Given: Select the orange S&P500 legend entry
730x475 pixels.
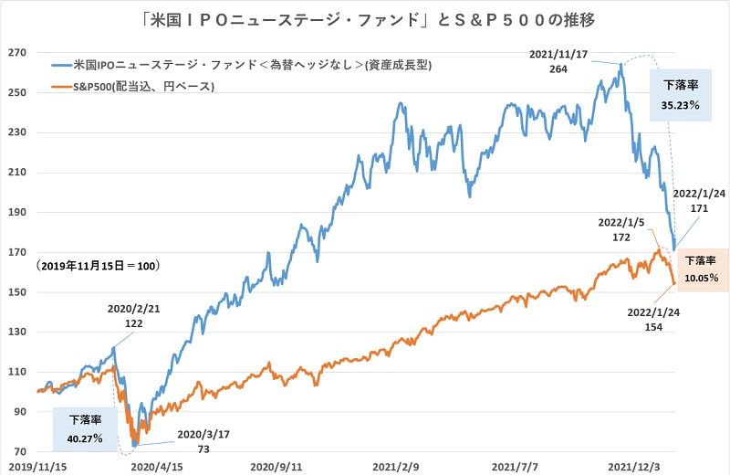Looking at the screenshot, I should tap(137, 87).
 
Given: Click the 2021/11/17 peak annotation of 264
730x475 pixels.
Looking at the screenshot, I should tap(560, 60).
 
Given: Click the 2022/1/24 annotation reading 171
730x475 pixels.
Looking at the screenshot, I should tap(698, 200).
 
